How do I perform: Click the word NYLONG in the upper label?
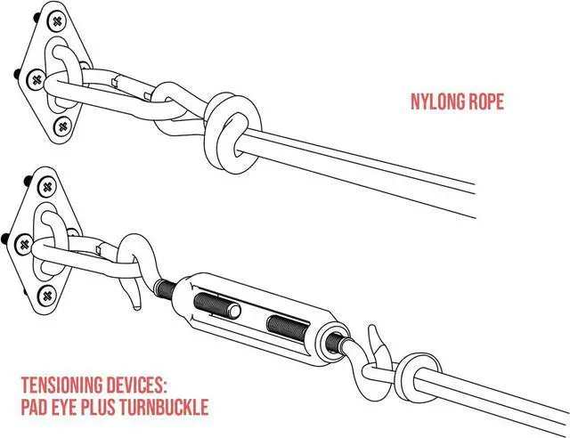[436, 102]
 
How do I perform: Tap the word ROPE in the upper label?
[485, 102]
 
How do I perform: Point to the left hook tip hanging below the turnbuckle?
[134, 295]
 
